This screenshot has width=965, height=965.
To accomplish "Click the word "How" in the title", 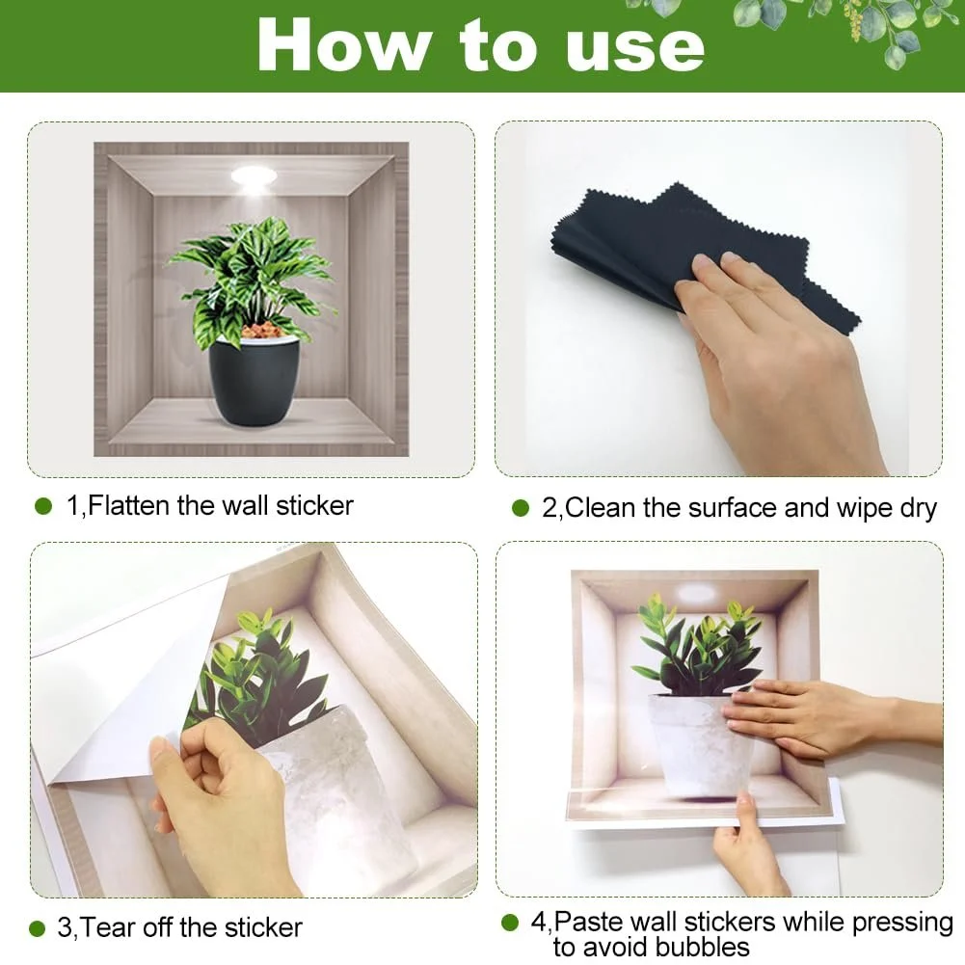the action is [343, 45].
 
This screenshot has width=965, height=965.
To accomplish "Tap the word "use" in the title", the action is [634, 50].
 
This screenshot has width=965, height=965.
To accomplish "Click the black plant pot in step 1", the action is [254, 380].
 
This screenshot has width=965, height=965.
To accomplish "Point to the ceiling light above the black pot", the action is [254, 177].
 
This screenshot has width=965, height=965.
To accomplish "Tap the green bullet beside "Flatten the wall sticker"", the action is [43, 506].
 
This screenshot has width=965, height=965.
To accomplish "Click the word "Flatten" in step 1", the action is [128, 505].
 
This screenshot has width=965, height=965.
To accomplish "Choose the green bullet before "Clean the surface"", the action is [521, 508].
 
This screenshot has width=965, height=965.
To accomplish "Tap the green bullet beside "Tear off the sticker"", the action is [37, 928].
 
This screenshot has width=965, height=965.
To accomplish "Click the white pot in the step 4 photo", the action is [700, 744].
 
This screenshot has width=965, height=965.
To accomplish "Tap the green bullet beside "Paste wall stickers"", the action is [510, 923].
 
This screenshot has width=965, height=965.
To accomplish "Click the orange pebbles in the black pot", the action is [261, 331].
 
